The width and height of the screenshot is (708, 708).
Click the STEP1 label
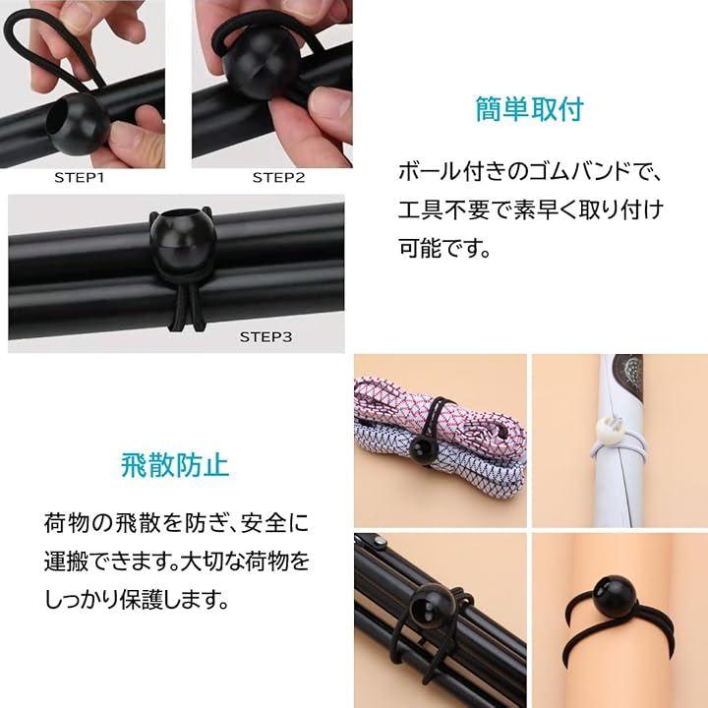tap(80, 177)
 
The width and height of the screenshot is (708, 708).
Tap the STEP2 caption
tap(278, 177)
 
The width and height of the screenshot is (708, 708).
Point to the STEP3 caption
tap(265, 337)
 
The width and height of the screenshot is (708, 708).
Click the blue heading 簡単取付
tap(529, 109)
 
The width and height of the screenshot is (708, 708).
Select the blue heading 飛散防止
tap(175, 464)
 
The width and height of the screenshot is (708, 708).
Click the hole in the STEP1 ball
tap(61, 121)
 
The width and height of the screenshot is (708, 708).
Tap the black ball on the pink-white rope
tap(423, 450)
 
